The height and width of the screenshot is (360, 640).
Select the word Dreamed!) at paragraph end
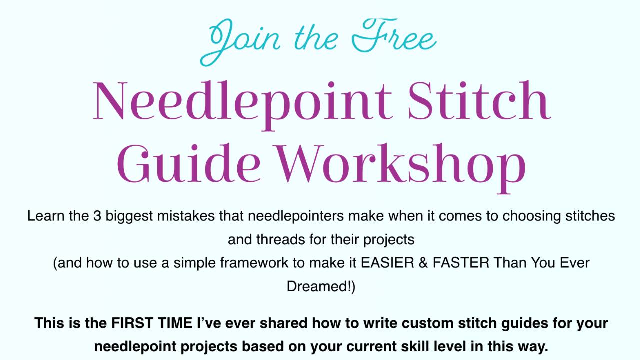tap(321, 286)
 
